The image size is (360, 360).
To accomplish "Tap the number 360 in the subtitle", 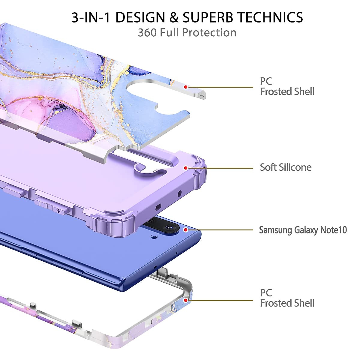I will [x=147, y=32].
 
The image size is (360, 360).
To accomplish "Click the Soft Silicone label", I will [x=285, y=167].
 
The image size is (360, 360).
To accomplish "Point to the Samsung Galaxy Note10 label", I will [x=303, y=230].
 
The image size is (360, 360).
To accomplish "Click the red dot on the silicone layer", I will [x=186, y=168].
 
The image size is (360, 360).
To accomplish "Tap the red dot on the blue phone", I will [x=186, y=230].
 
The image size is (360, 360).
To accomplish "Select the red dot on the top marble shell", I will [x=186, y=87].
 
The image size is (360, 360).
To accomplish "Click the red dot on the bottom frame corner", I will [x=186, y=300].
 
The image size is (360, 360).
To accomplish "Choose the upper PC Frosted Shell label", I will [x=287, y=86].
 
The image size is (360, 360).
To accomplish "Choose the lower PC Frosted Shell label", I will [x=287, y=298].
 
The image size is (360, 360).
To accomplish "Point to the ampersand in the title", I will [x=174, y=17].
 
